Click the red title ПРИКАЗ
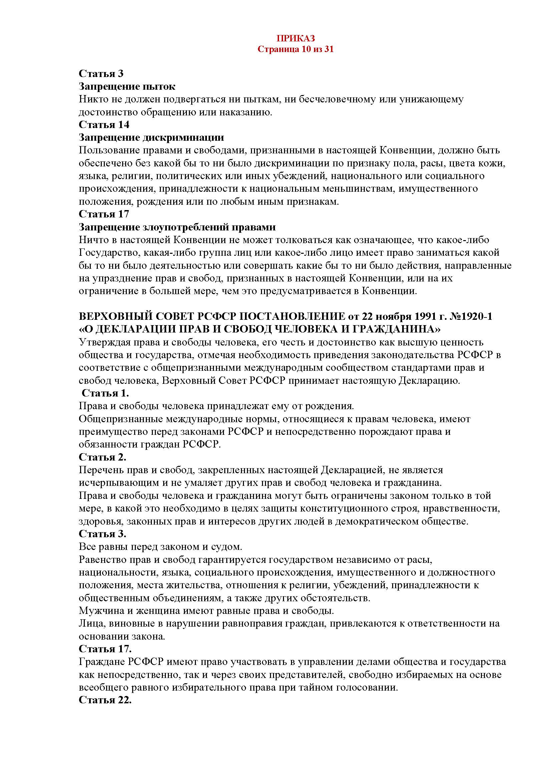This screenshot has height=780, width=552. pos(295,38)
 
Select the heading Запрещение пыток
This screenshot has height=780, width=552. pos(127,87)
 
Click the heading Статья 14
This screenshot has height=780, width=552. pos(104,125)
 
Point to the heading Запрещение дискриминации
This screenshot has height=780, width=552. pos(151,138)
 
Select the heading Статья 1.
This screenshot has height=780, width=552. pos(105,393)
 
